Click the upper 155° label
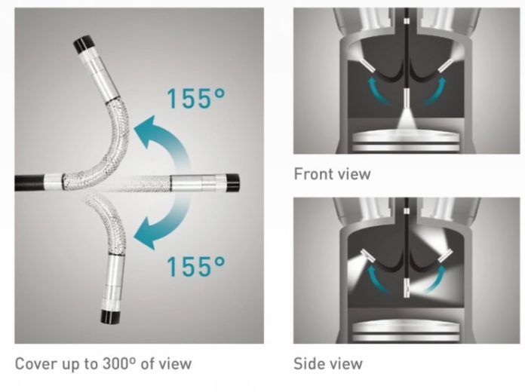(196, 98)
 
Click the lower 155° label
(196, 266)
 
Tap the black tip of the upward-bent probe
(83, 44)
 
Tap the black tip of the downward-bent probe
(109, 317)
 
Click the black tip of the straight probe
(232, 182)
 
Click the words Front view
(332, 174)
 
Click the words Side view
(328, 363)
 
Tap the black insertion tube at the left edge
(29, 182)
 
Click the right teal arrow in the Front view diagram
(435, 90)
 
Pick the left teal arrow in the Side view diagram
(378, 278)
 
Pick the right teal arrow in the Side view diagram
(435, 278)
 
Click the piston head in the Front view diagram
(407, 141)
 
